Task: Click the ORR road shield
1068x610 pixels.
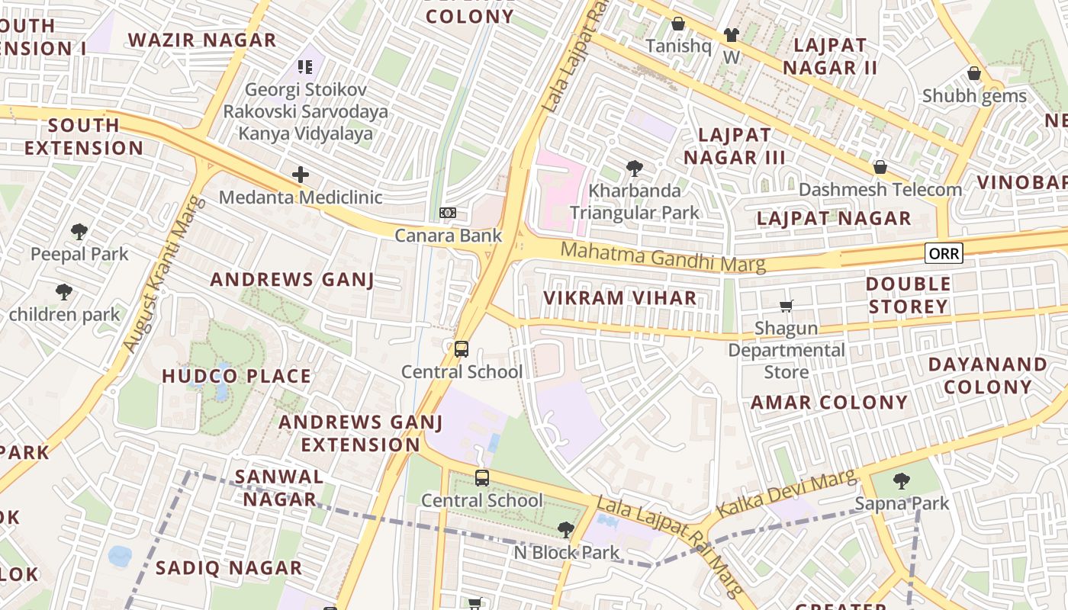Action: tap(944, 253)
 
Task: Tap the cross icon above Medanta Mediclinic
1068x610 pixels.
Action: tap(301, 175)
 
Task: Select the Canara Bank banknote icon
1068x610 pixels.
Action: tap(448, 213)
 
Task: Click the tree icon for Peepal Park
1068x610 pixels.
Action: tap(79, 231)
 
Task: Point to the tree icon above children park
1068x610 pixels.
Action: tap(64, 291)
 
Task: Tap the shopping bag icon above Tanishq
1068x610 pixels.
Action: tap(677, 24)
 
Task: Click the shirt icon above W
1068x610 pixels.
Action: tap(732, 34)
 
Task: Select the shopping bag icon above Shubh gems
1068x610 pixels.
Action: tap(973, 73)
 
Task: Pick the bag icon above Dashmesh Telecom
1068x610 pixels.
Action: tap(880, 166)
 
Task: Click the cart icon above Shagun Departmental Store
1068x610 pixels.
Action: tap(786, 306)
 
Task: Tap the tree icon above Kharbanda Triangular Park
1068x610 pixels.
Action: tap(634, 168)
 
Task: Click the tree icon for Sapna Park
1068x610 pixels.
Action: tap(902, 480)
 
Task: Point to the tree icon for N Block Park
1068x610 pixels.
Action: tap(565, 529)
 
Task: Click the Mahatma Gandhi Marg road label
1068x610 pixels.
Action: tap(662, 256)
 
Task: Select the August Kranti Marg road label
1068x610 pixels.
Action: tap(165, 274)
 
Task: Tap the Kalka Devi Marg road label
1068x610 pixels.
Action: tap(786, 494)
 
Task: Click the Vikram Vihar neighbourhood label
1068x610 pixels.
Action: tap(619, 298)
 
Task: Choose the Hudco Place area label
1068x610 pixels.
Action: tap(236, 376)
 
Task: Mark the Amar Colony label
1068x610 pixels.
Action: tap(829, 403)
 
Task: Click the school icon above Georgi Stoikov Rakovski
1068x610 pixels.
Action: tap(305, 67)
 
